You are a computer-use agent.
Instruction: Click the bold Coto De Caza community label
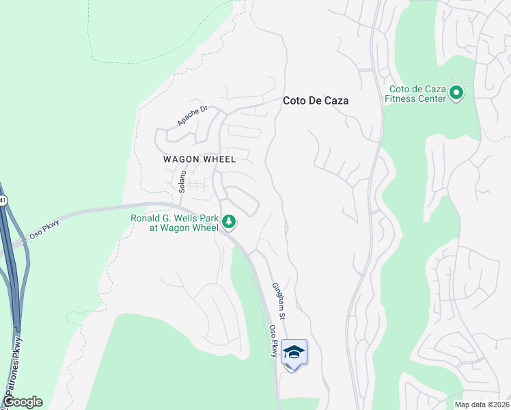[316, 100]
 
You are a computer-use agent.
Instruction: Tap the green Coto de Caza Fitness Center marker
[456, 93]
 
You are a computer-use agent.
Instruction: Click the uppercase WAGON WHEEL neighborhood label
[199, 159]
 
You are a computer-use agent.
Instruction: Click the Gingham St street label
[279, 301]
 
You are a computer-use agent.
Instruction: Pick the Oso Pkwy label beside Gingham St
[274, 341]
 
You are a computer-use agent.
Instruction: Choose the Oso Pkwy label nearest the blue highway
[42, 230]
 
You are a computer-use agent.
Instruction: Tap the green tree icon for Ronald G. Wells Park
[229, 221]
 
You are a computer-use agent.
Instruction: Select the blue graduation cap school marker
[294, 353]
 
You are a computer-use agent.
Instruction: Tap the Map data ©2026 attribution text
[482, 405]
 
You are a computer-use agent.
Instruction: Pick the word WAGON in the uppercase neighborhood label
[180, 159]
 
